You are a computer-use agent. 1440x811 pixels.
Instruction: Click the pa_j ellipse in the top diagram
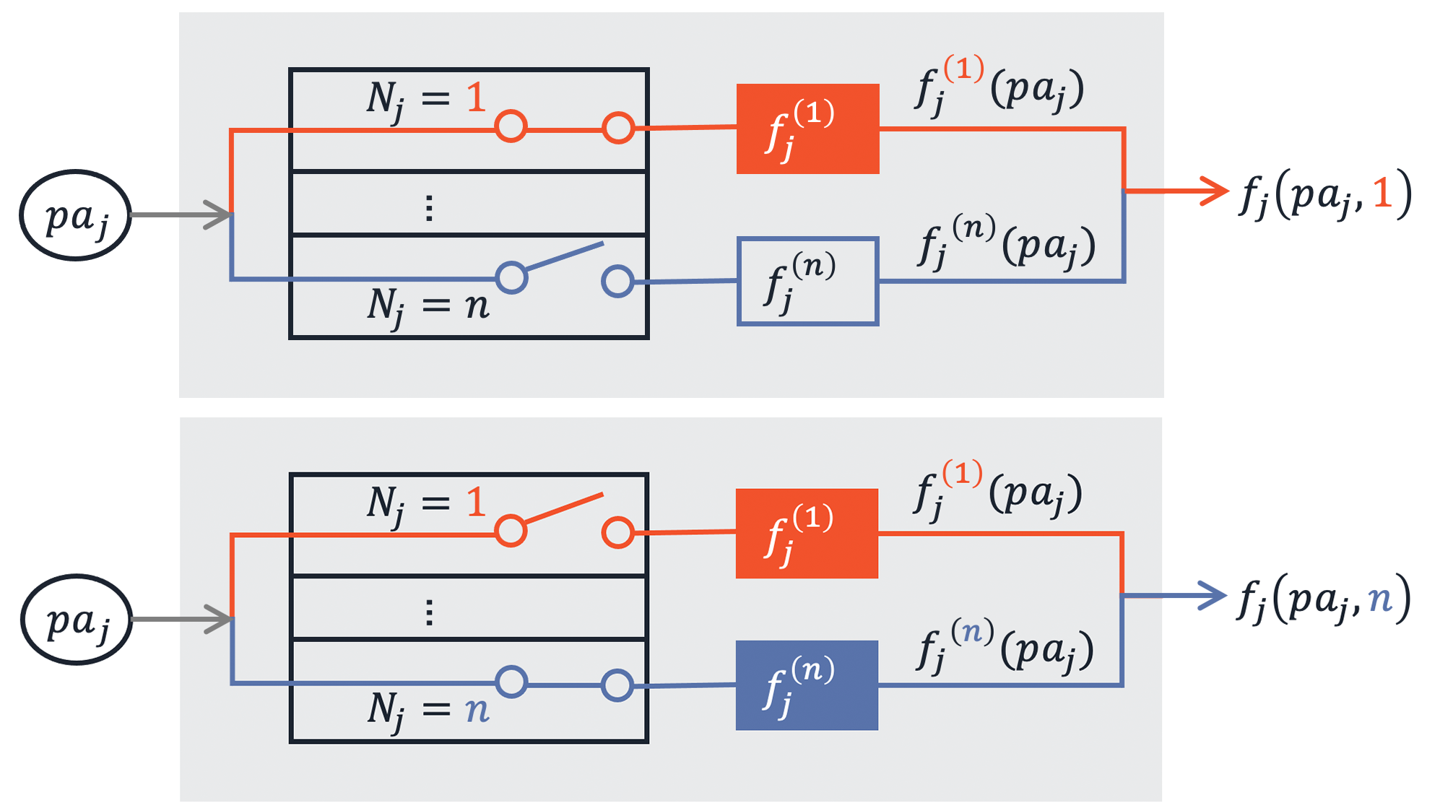coord(75,215)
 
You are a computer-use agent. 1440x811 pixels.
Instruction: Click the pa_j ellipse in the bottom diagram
coord(77,620)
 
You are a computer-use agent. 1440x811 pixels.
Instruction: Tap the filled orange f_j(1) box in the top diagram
coord(807,129)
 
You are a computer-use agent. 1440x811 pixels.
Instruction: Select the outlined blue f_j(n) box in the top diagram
coord(807,281)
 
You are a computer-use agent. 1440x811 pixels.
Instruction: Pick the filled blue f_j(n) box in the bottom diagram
coord(807,685)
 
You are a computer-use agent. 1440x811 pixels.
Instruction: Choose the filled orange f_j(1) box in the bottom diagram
coord(807,533)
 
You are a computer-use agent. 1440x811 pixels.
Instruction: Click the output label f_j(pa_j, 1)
coord(1325,194)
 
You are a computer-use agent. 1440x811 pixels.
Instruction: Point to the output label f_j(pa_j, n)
coord(1324,598)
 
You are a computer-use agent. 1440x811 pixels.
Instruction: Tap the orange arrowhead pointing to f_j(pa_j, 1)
coord(1215,191)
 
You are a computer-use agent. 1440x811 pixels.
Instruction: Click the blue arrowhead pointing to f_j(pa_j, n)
coord(1214,596)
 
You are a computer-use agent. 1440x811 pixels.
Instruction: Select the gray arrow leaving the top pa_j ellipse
coord(181,214)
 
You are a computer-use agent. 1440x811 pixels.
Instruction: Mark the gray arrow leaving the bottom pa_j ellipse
coord(182,619)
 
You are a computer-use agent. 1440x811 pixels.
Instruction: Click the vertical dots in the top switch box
coord(429,208)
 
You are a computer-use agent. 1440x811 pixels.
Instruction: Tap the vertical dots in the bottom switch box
coord(429,612)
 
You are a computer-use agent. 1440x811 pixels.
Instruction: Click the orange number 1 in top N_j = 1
coord(475,97)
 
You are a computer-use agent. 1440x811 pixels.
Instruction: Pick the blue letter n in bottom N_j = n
coord(477,709)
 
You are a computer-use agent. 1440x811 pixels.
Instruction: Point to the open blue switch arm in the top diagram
coord(565,256)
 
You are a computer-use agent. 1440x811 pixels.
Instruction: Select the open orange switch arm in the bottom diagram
coord(564,508)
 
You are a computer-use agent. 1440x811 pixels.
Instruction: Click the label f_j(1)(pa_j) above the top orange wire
coord(999,87)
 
